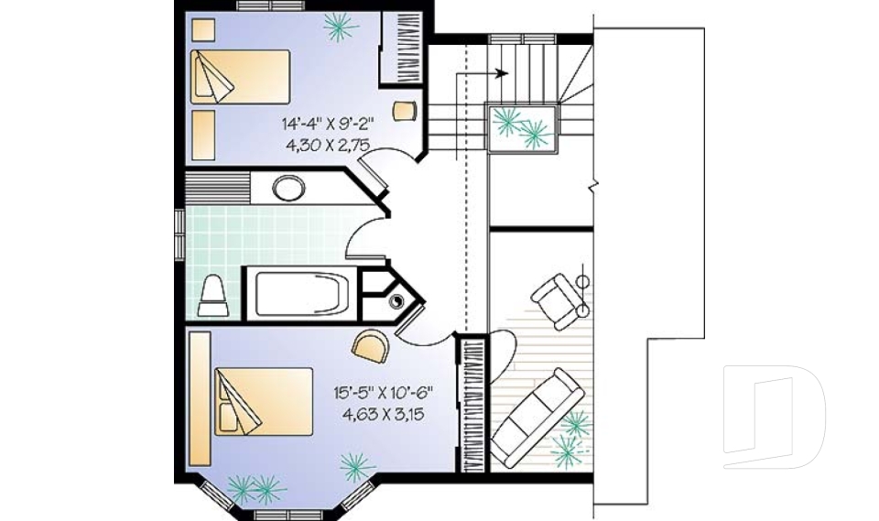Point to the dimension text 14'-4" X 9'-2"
[329, 122]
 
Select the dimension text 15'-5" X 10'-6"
[383, 393]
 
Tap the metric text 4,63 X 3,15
[383, 413]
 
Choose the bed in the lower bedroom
[264, 401]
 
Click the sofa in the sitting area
[537, 418]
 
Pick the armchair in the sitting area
[556, 297]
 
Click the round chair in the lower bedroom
[369, 345]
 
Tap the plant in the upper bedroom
[341, 27]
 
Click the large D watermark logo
[774, 417]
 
